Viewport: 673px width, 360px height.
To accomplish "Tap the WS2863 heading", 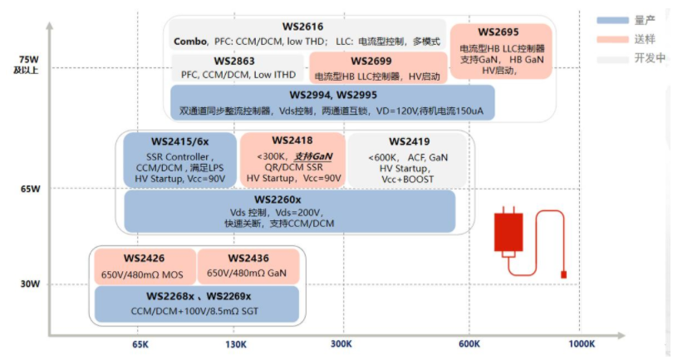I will [x=233, y=61].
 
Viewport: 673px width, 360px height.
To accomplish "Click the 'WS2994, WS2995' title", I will [x=332, y=96].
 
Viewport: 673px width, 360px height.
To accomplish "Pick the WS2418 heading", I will [x=292, y=141].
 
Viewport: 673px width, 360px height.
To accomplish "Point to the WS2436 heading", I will [x=248, y=258].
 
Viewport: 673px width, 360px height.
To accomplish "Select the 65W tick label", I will [x=28, y=189].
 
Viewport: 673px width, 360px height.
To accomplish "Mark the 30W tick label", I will [x=28, y=284].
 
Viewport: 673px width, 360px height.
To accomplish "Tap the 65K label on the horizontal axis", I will [x=140, y=344].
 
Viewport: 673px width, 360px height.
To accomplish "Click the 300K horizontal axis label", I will [x=342, y=344].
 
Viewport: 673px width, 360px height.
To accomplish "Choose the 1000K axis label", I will [x=581, y=344].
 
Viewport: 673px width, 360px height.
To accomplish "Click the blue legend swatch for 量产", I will [x=612, y=19].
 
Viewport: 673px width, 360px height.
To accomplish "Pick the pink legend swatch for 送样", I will [x=612, y=38].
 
